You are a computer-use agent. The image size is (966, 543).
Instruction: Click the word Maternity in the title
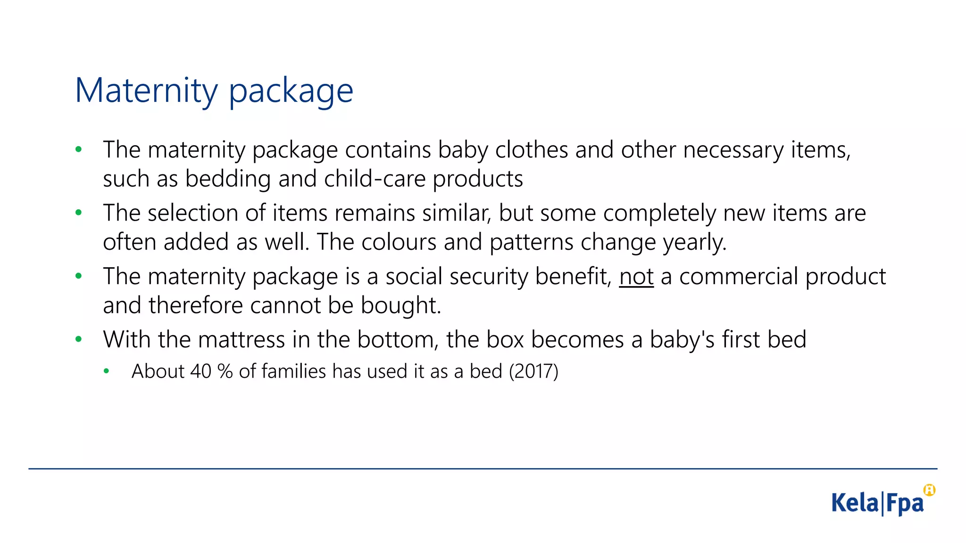coord(146,90)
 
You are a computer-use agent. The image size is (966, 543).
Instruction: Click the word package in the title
coord(291,91)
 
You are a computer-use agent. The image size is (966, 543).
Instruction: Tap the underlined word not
coord(636,277)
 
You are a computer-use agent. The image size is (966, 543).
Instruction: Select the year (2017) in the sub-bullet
coord(533,371)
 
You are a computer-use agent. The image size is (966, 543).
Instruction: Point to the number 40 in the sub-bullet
coord(200,371)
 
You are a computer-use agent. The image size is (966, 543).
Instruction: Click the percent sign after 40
coord(225,371)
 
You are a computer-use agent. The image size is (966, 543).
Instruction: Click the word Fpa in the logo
coord(905,503)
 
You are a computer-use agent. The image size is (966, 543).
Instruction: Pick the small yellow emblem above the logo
coord(929,490)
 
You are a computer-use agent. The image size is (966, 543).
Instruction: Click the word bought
coord(401,305)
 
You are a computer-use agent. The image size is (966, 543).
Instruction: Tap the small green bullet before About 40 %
coord(107,371)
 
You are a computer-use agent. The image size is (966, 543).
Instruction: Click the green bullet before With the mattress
coord(79,339)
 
